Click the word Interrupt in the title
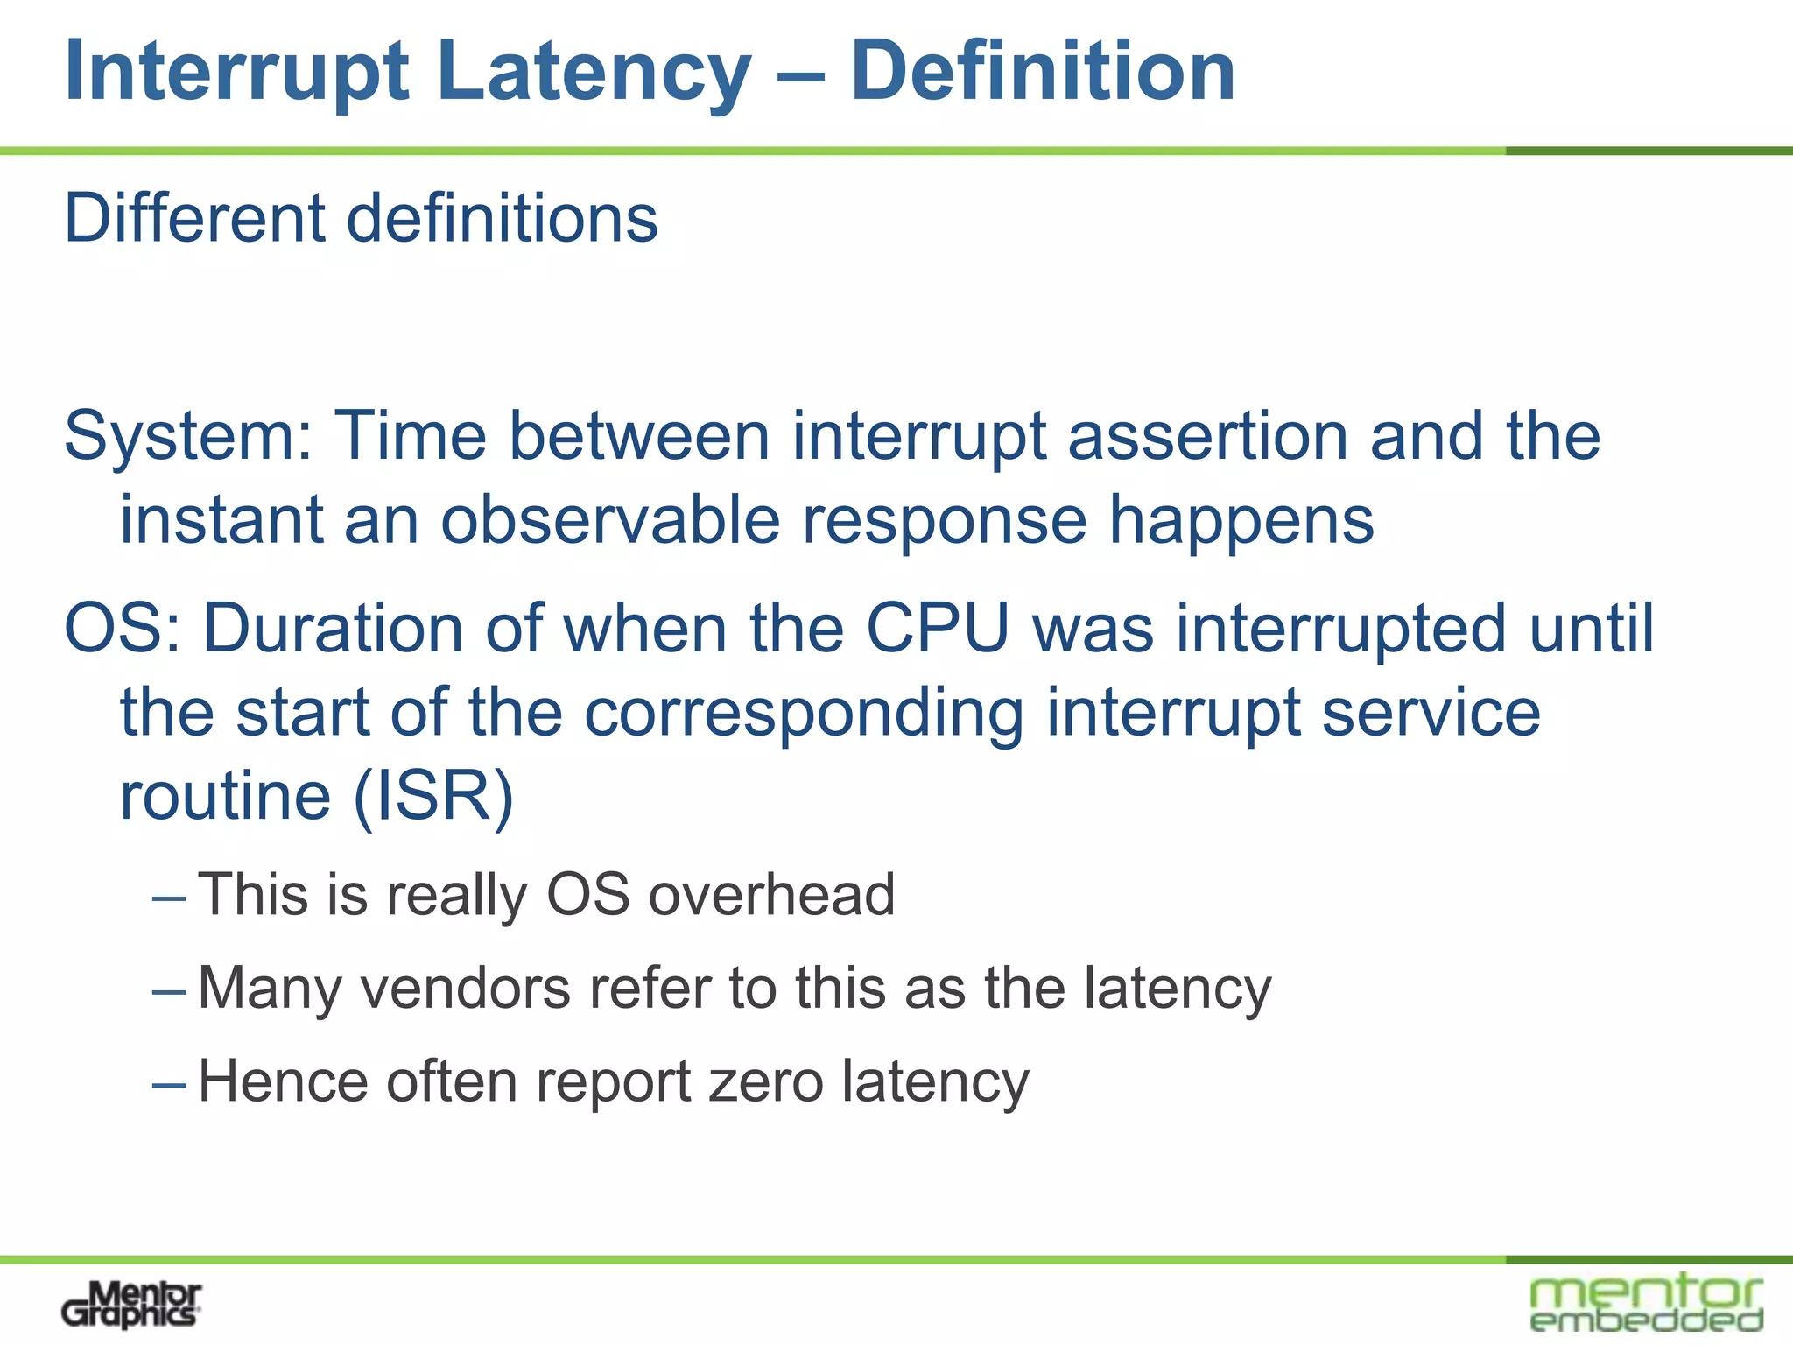pyautogui.click(x=236, y=73)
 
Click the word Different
pyautogui.click(x=194, y=218)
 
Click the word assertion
pyautogui.click(x=1207, y=436)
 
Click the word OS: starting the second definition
pyautogui.click(x=123, y=629)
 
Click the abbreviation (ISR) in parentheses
pyautogui.click(x=432, y=797)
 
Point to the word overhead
pyautogui.click(x=771, y=895)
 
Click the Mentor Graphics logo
pyautogui.click(x=131, y=1305)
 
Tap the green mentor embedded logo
pyautogui.click(x=1646, y=1303)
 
